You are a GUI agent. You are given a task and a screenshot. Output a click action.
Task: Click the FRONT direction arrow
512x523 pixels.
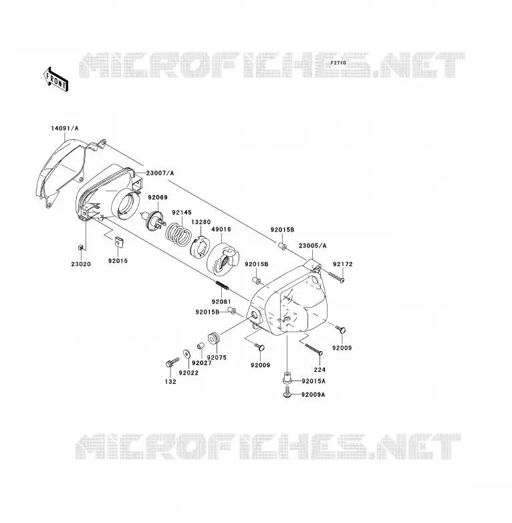55,80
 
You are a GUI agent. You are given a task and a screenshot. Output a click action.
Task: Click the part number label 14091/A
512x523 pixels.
65,128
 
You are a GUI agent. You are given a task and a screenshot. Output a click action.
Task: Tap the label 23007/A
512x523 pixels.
160,173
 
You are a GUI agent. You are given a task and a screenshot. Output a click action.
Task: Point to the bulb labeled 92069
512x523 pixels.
152,220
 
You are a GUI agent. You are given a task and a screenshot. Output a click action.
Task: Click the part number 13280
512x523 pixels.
201,222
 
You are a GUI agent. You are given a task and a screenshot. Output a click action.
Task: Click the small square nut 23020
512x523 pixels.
80,247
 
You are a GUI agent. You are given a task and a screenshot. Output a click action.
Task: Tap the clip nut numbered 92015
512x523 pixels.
118,241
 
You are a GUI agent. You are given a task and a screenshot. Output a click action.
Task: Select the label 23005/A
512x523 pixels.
313,246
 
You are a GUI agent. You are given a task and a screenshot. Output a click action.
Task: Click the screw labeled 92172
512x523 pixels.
336,278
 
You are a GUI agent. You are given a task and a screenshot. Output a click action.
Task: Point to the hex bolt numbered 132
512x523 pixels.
172,362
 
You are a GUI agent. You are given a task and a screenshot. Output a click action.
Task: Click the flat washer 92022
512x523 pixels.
186,353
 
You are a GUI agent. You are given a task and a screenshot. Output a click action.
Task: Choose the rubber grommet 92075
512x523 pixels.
214,338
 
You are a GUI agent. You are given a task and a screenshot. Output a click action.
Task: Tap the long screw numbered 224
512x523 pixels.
313,349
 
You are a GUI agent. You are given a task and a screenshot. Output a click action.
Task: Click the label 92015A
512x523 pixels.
313,381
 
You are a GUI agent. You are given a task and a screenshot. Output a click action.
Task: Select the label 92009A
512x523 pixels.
313,395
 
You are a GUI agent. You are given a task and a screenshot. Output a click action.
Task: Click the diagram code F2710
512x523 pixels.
338,63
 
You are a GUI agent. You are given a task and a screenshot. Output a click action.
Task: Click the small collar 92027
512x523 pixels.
200,346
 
